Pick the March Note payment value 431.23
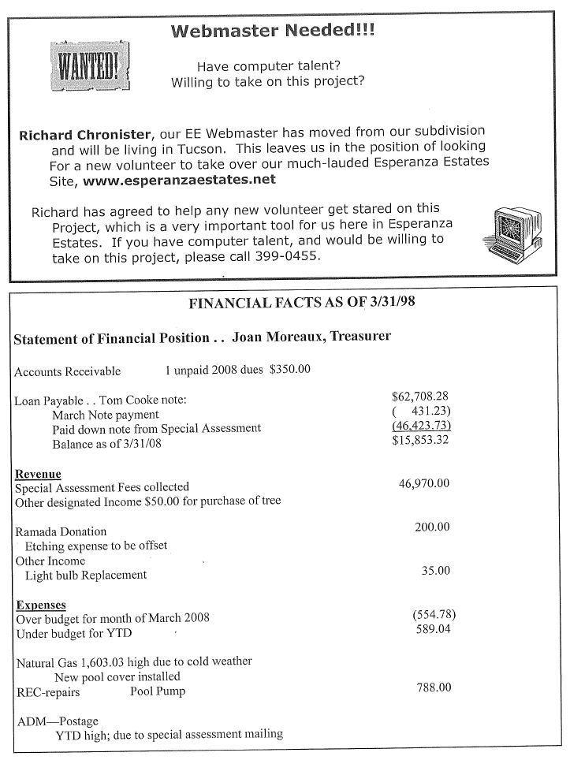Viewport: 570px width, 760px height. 426,414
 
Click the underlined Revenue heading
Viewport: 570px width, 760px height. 38,473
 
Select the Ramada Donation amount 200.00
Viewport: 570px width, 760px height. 431,527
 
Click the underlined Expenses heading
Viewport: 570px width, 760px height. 40,605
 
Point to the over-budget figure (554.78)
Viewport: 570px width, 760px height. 430,615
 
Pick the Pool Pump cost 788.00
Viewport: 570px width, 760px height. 433,688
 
